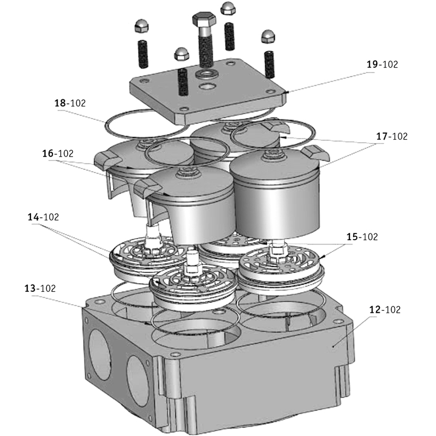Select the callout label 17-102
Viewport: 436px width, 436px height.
(391, 136)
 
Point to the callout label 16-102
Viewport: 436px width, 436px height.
(58, 153)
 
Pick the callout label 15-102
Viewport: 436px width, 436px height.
(362, 237)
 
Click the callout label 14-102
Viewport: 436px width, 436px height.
(43, 217)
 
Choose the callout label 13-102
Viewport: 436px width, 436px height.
(40, 288)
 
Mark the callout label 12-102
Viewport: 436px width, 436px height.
(384, 310)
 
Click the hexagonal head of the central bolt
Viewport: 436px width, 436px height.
(203, 21)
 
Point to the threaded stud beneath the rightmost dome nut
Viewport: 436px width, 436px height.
(269, 64)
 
